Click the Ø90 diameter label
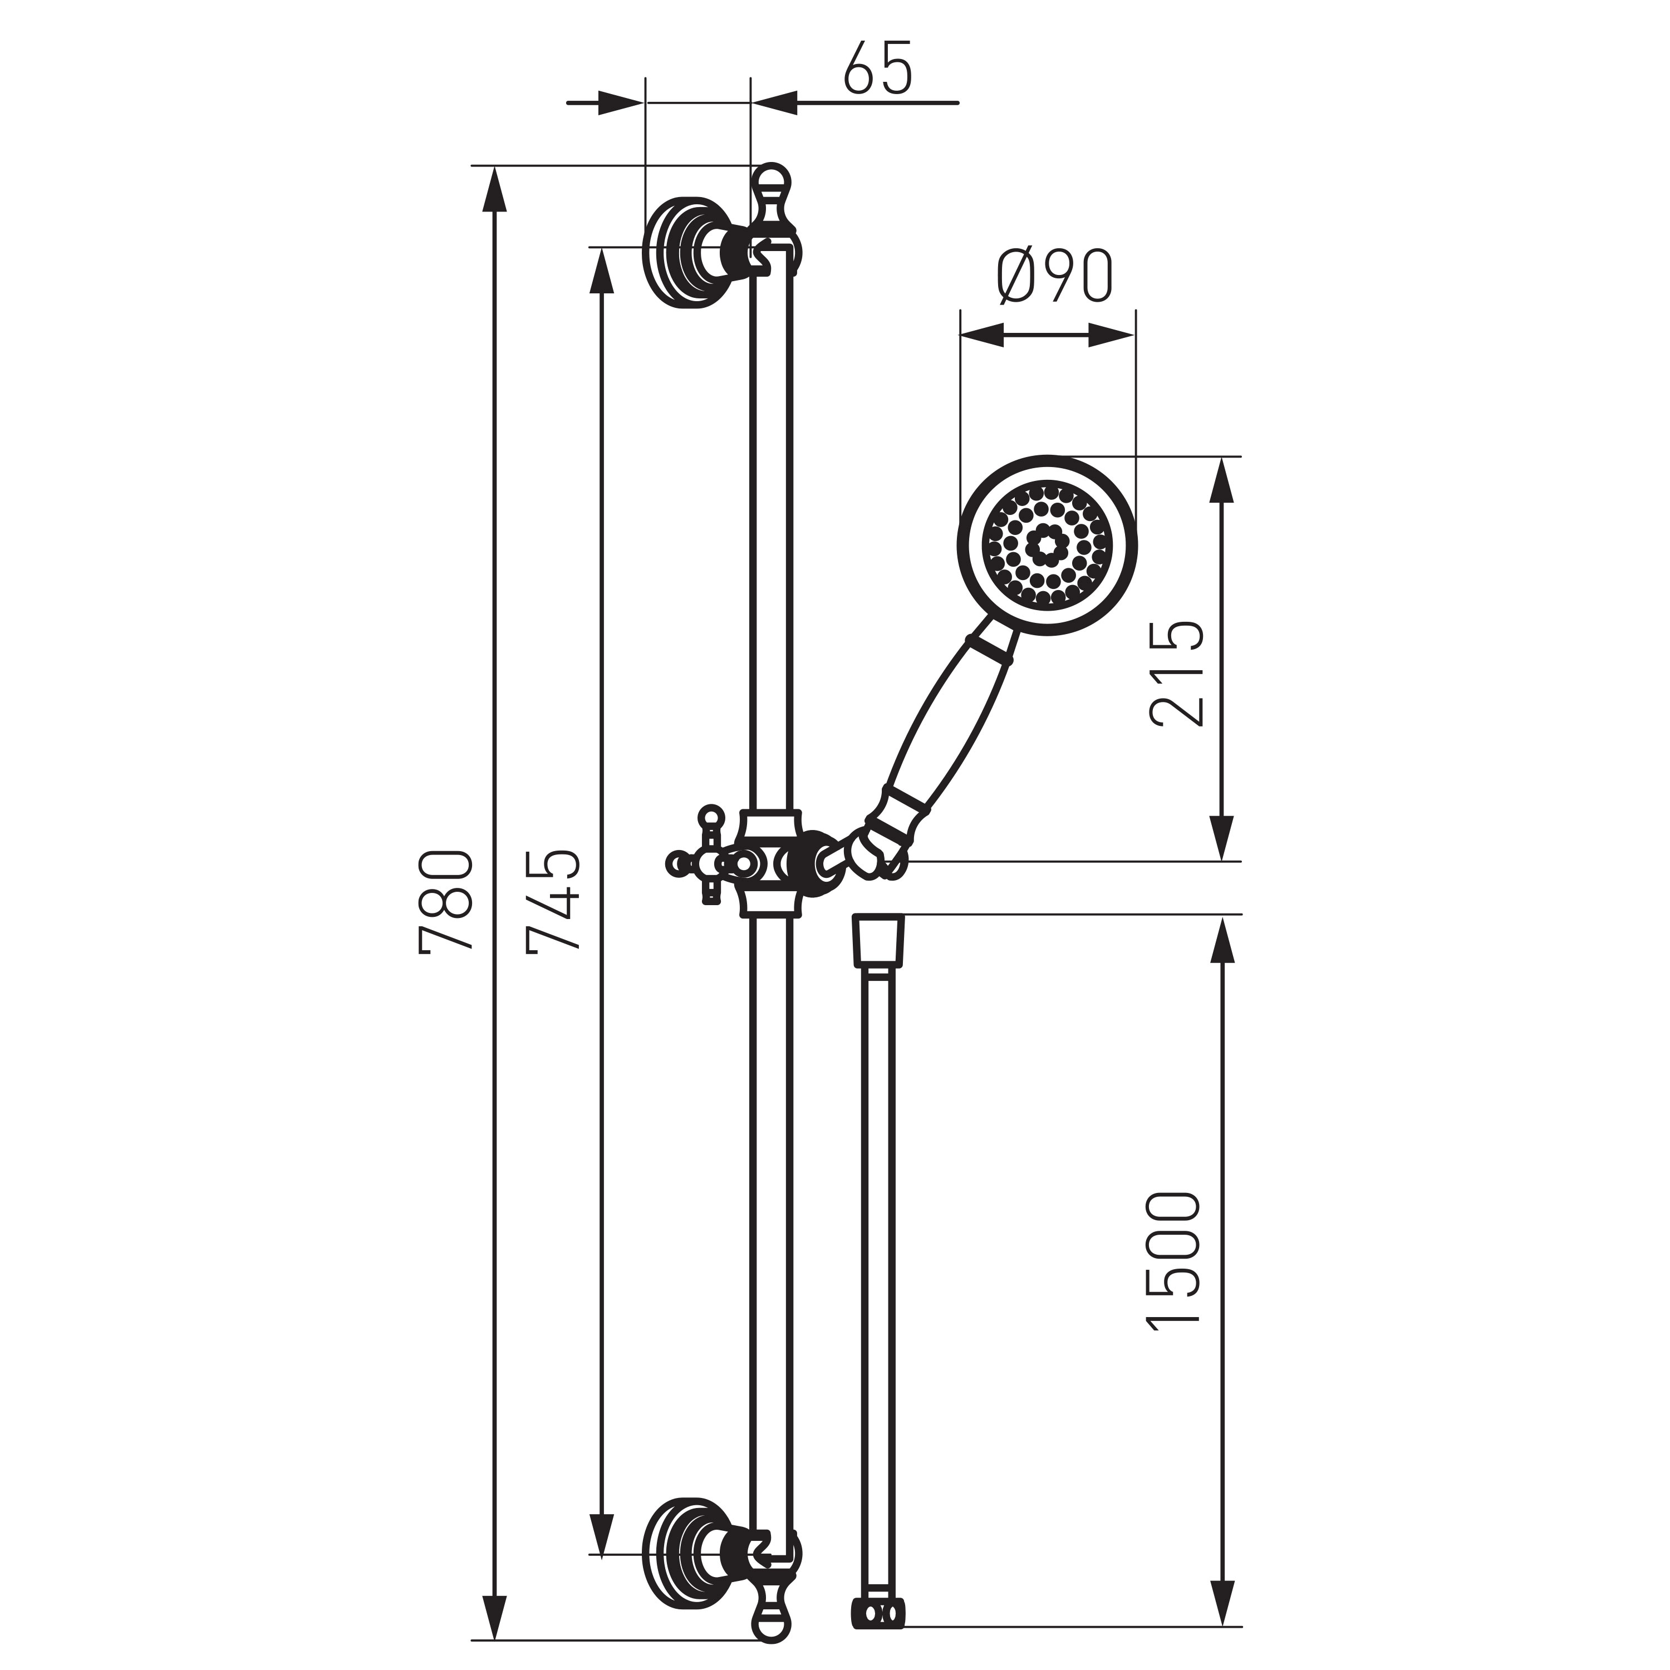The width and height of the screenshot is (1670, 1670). click(x=1054, y=277)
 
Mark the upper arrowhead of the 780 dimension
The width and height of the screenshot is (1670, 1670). click(x=494, y=190)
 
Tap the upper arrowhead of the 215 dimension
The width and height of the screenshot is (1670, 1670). click(x=1221, y=480)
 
